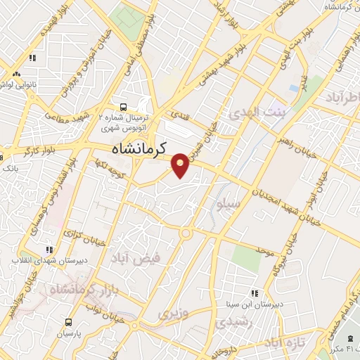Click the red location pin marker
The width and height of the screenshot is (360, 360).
coord(181,165)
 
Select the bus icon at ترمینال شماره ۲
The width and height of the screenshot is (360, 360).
coord(124,108)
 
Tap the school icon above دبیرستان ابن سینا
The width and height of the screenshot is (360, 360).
coord(254,292)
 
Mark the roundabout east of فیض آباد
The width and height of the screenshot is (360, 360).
coord(187,233)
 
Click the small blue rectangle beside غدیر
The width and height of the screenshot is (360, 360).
coord(293,89)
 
